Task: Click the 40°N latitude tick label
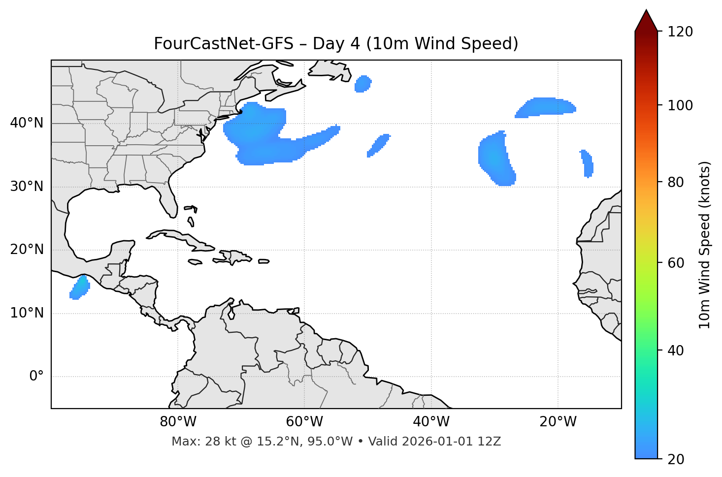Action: click(27, 123)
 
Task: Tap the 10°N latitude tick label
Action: click(27, 313)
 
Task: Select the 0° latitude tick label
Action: click(36, 377)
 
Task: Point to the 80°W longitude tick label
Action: click(178, 422)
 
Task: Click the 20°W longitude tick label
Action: click(558, 422)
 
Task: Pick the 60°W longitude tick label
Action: click(304, 422)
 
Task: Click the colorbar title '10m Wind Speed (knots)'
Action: click(705, 245)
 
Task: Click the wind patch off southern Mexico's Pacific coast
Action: click(79, 288)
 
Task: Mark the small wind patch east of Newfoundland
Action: click(363, 84)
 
